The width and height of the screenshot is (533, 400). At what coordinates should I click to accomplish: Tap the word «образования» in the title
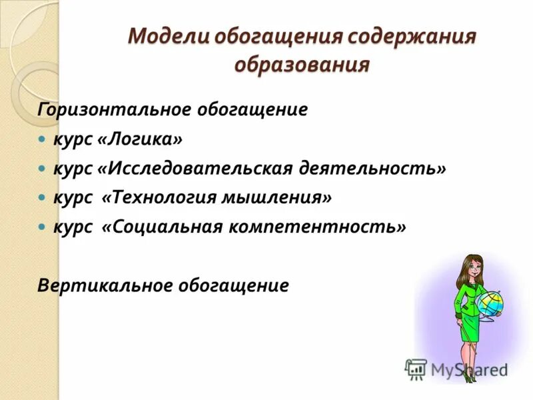tap(302, 65)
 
